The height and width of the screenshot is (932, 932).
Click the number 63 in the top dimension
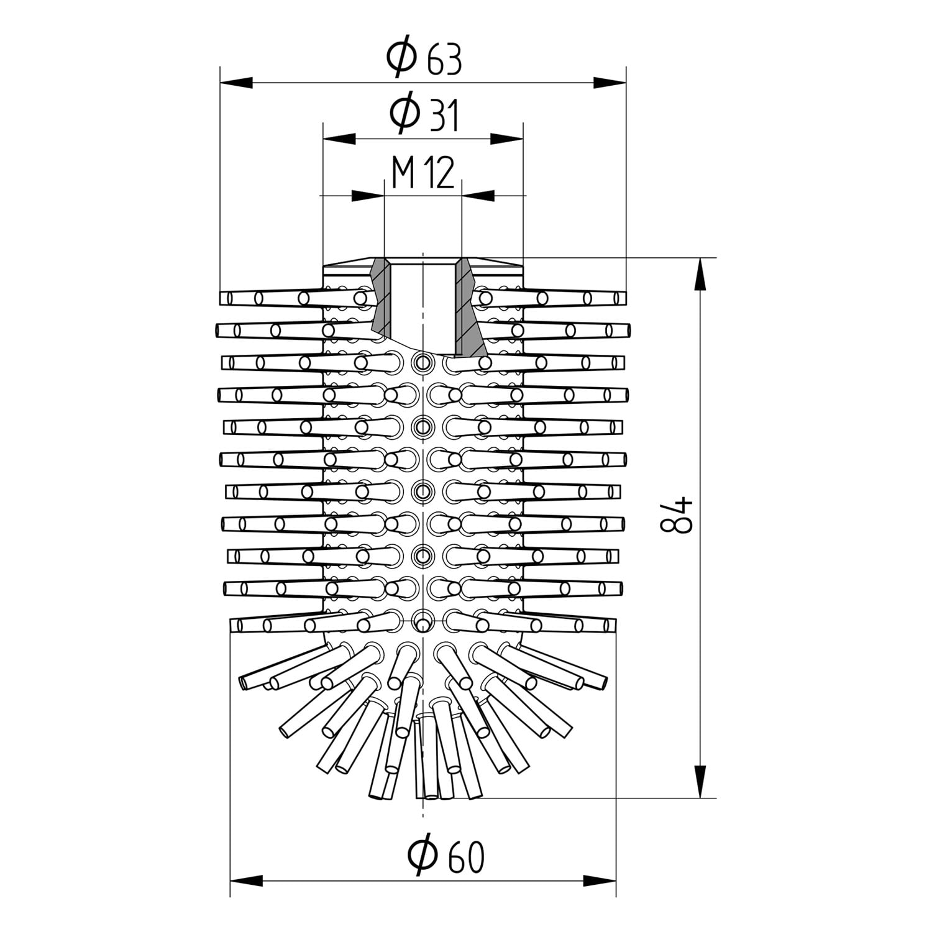(x=444, y=60)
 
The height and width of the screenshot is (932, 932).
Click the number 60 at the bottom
(x=465, y=857)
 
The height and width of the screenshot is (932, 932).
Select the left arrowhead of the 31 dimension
(x=340, y=138)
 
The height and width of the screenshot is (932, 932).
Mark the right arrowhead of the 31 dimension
(x=506, y=138)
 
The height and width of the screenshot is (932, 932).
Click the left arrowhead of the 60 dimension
(x=247, y=880)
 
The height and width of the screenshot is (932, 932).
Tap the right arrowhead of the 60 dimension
(x=600, y=880)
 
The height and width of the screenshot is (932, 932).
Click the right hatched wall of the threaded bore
(x=469, y=307)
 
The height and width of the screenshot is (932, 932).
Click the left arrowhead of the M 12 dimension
(x=368, y=196)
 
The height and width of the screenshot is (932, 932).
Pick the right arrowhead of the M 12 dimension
(x=478, y=196)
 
